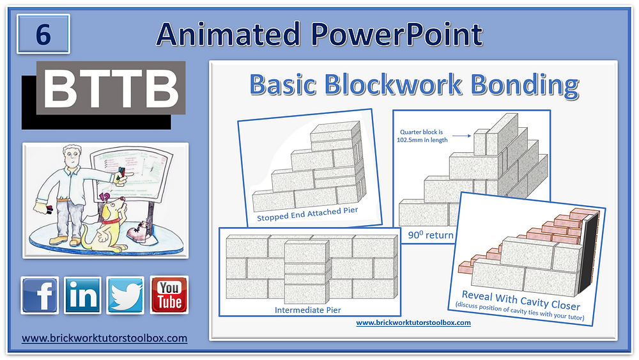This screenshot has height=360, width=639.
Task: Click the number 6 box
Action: [43, 35]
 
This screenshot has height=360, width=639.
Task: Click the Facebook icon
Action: [40, 295]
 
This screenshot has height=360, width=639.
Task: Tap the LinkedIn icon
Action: [82, 295]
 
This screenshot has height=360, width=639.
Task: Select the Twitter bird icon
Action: [125, 295]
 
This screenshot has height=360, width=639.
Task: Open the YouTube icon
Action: [169, 295]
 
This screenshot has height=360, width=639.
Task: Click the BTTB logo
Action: [110, 89]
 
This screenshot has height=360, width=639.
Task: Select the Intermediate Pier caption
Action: [307, 310]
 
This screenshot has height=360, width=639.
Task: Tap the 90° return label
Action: [431, 235]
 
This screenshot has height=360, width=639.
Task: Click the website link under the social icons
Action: [105, 338]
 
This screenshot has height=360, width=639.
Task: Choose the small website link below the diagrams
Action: [413, 323]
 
